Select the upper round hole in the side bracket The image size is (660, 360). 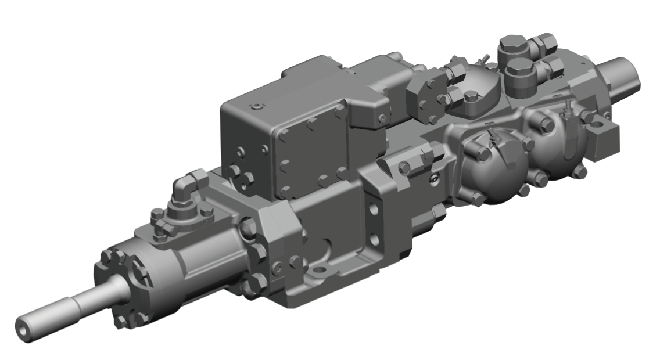pyautogui.click(x=372, y=208)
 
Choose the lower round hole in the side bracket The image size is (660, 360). pyautogui.click(x=375, y=239)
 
